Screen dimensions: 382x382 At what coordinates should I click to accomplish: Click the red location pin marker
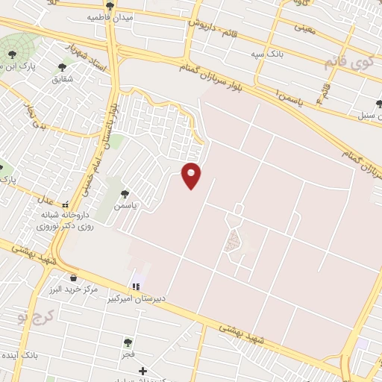coord(192,176)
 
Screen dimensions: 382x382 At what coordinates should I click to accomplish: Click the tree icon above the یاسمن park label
coord(125,193)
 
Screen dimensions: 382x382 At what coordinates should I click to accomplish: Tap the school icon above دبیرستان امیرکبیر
coord(136,286)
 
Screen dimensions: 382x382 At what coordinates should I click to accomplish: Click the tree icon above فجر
coord(128,342)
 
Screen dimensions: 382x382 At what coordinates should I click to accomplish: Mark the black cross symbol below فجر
coord(143,370)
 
